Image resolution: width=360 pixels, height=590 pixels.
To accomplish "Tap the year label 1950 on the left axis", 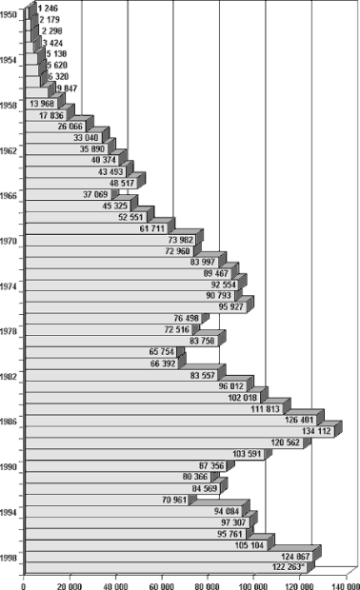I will (x=9, y=15).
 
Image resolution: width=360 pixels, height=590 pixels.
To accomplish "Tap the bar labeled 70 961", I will (x=86, y=500).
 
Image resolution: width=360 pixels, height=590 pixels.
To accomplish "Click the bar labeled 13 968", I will (x=29, y=104).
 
